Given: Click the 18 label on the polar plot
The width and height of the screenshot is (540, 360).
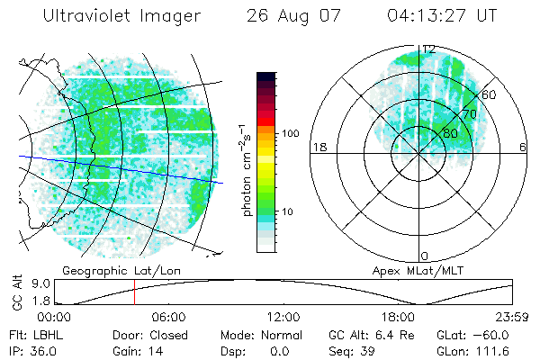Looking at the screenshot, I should click(318, 147).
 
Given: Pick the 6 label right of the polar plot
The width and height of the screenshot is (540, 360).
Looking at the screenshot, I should click(523, 147).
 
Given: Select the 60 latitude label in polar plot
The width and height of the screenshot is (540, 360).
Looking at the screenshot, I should click(489, 94).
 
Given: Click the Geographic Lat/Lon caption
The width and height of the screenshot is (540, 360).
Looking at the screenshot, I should click(106, 270).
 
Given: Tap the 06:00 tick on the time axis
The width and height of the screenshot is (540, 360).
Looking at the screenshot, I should click(168, 317).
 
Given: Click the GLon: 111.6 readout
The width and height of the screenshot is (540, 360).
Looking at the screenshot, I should click(473, 349).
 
